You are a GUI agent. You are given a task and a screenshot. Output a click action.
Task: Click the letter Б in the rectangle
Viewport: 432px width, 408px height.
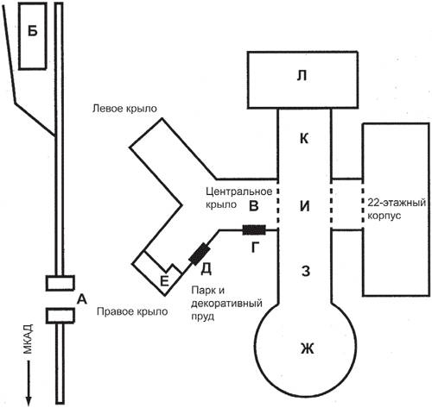33,31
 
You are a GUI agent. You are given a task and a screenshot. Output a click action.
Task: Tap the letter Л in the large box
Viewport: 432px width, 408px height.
302,77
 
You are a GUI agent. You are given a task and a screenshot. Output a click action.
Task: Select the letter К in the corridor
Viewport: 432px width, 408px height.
304,139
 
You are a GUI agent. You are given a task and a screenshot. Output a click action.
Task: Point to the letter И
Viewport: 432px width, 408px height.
305,206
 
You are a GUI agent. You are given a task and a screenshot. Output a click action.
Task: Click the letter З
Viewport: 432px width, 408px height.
305,271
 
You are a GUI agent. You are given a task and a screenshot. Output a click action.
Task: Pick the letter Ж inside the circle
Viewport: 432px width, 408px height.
307,348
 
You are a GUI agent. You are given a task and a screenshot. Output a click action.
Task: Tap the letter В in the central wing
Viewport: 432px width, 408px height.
253,206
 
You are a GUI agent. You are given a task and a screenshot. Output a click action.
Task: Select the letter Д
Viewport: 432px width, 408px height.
206,269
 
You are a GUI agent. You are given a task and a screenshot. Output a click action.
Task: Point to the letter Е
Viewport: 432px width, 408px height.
164,281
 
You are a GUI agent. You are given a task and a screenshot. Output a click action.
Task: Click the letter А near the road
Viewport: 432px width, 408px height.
82,299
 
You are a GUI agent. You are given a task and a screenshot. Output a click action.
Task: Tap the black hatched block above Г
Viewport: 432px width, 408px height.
254,230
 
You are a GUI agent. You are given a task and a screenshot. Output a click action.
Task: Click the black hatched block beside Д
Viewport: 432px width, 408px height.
199,254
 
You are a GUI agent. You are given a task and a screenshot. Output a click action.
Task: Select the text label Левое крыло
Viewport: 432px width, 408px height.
124,109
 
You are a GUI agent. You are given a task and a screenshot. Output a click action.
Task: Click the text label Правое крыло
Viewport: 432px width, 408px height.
132,311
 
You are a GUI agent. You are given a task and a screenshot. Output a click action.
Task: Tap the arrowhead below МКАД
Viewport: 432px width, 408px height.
29,400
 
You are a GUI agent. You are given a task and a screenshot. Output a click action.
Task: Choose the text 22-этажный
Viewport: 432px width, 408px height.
397,203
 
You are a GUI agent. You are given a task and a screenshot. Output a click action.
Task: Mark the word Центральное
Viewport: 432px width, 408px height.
239,191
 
